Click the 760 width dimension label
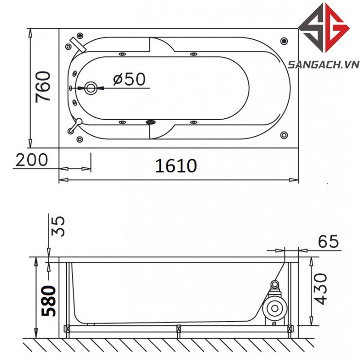(x=43, y=87)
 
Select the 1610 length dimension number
(x=176, y=166)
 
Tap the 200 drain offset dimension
(x=32, y=160)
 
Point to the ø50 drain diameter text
(x=129, y=79)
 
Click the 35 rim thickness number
(x=58, y=226)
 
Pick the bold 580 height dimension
(x=49, y=301)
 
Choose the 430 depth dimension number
(x=320, y=289)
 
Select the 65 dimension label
(x=328, y=241)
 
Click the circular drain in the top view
(x=90, y=88)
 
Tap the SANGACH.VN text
(x=324, y=65)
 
